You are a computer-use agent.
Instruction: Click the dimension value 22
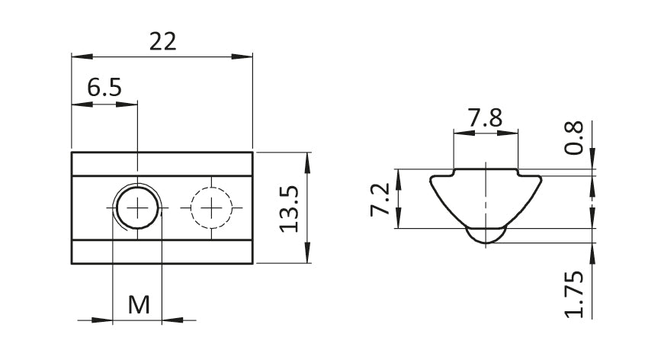click(x=162, y=41)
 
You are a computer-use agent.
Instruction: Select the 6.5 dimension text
click(x=104, y=88)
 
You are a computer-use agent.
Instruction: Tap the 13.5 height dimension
click(x=288, y=209)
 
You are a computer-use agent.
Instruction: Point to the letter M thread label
click(x=139, y=305)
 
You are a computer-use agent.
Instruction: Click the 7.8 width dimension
click(x=485, y=117)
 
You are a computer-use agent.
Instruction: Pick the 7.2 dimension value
click(x=380, y=199)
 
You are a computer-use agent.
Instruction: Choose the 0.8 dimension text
click(x=574, y=137)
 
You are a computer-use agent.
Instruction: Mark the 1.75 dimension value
click(x=574, y=294)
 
